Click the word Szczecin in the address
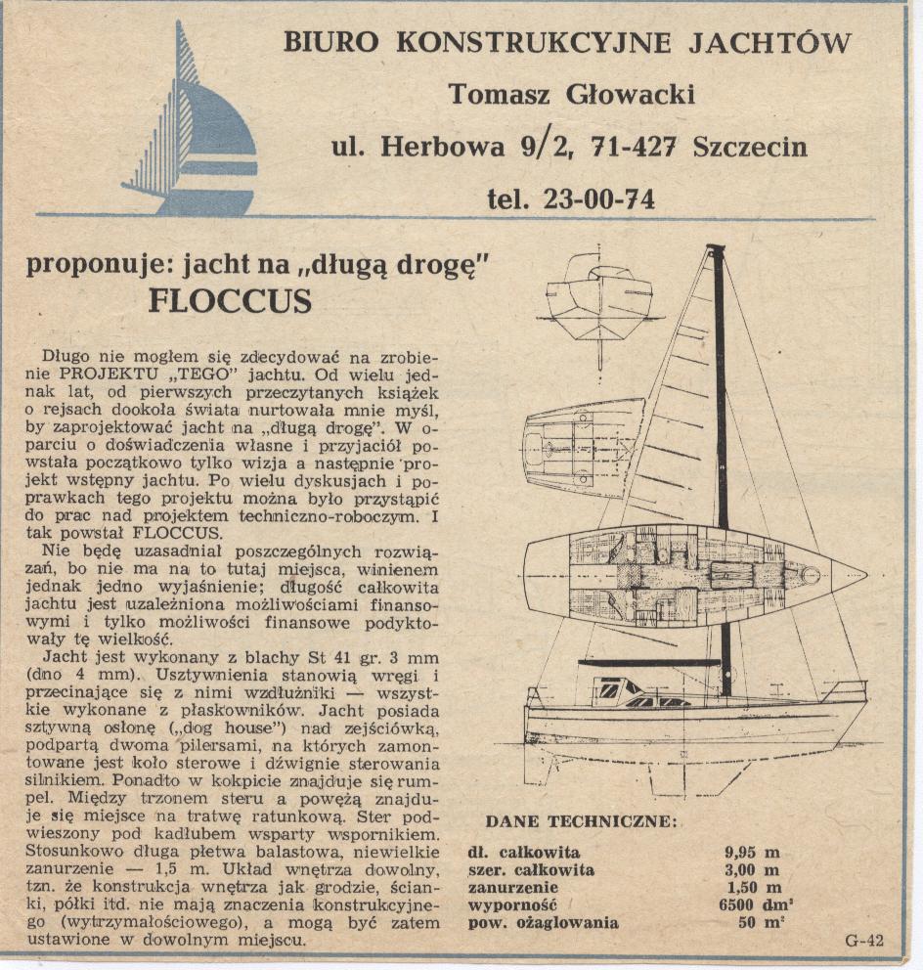tap(750, 147)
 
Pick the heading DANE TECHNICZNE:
tap(580, 821)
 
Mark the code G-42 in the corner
tap(863, 941)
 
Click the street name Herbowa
tap(441, 147)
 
